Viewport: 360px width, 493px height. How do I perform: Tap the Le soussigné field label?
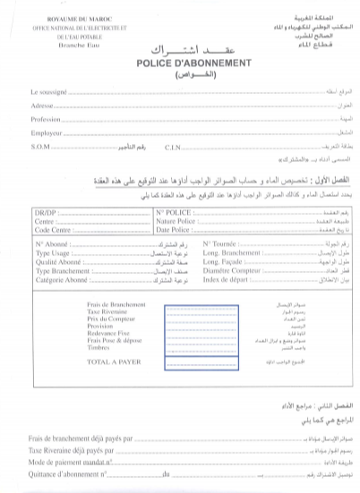pos(49,92)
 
